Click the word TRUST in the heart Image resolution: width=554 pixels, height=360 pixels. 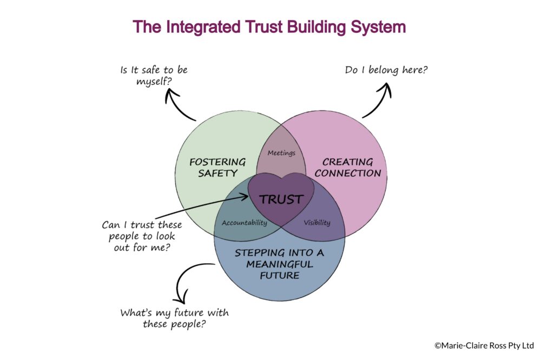tap(281, 199)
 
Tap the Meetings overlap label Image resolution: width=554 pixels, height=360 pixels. tap(281, 153)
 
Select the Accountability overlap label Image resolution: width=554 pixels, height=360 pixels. tap(245, 223)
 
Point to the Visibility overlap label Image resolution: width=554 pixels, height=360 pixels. tap(316, 223)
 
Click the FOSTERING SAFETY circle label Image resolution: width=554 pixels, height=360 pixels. tap(217, 168)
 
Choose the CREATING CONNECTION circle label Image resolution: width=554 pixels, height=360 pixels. tap(348, 168)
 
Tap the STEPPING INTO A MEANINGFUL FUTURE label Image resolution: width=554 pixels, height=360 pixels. tap(280, 264)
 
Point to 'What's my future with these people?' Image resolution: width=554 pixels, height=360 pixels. tap(174, 318)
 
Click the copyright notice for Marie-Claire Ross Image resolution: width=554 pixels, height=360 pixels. tap(484, 345)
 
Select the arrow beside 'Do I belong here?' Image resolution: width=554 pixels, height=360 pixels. tap(379, 103)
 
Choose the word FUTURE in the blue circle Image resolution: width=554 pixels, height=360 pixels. tap(279, 275)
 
